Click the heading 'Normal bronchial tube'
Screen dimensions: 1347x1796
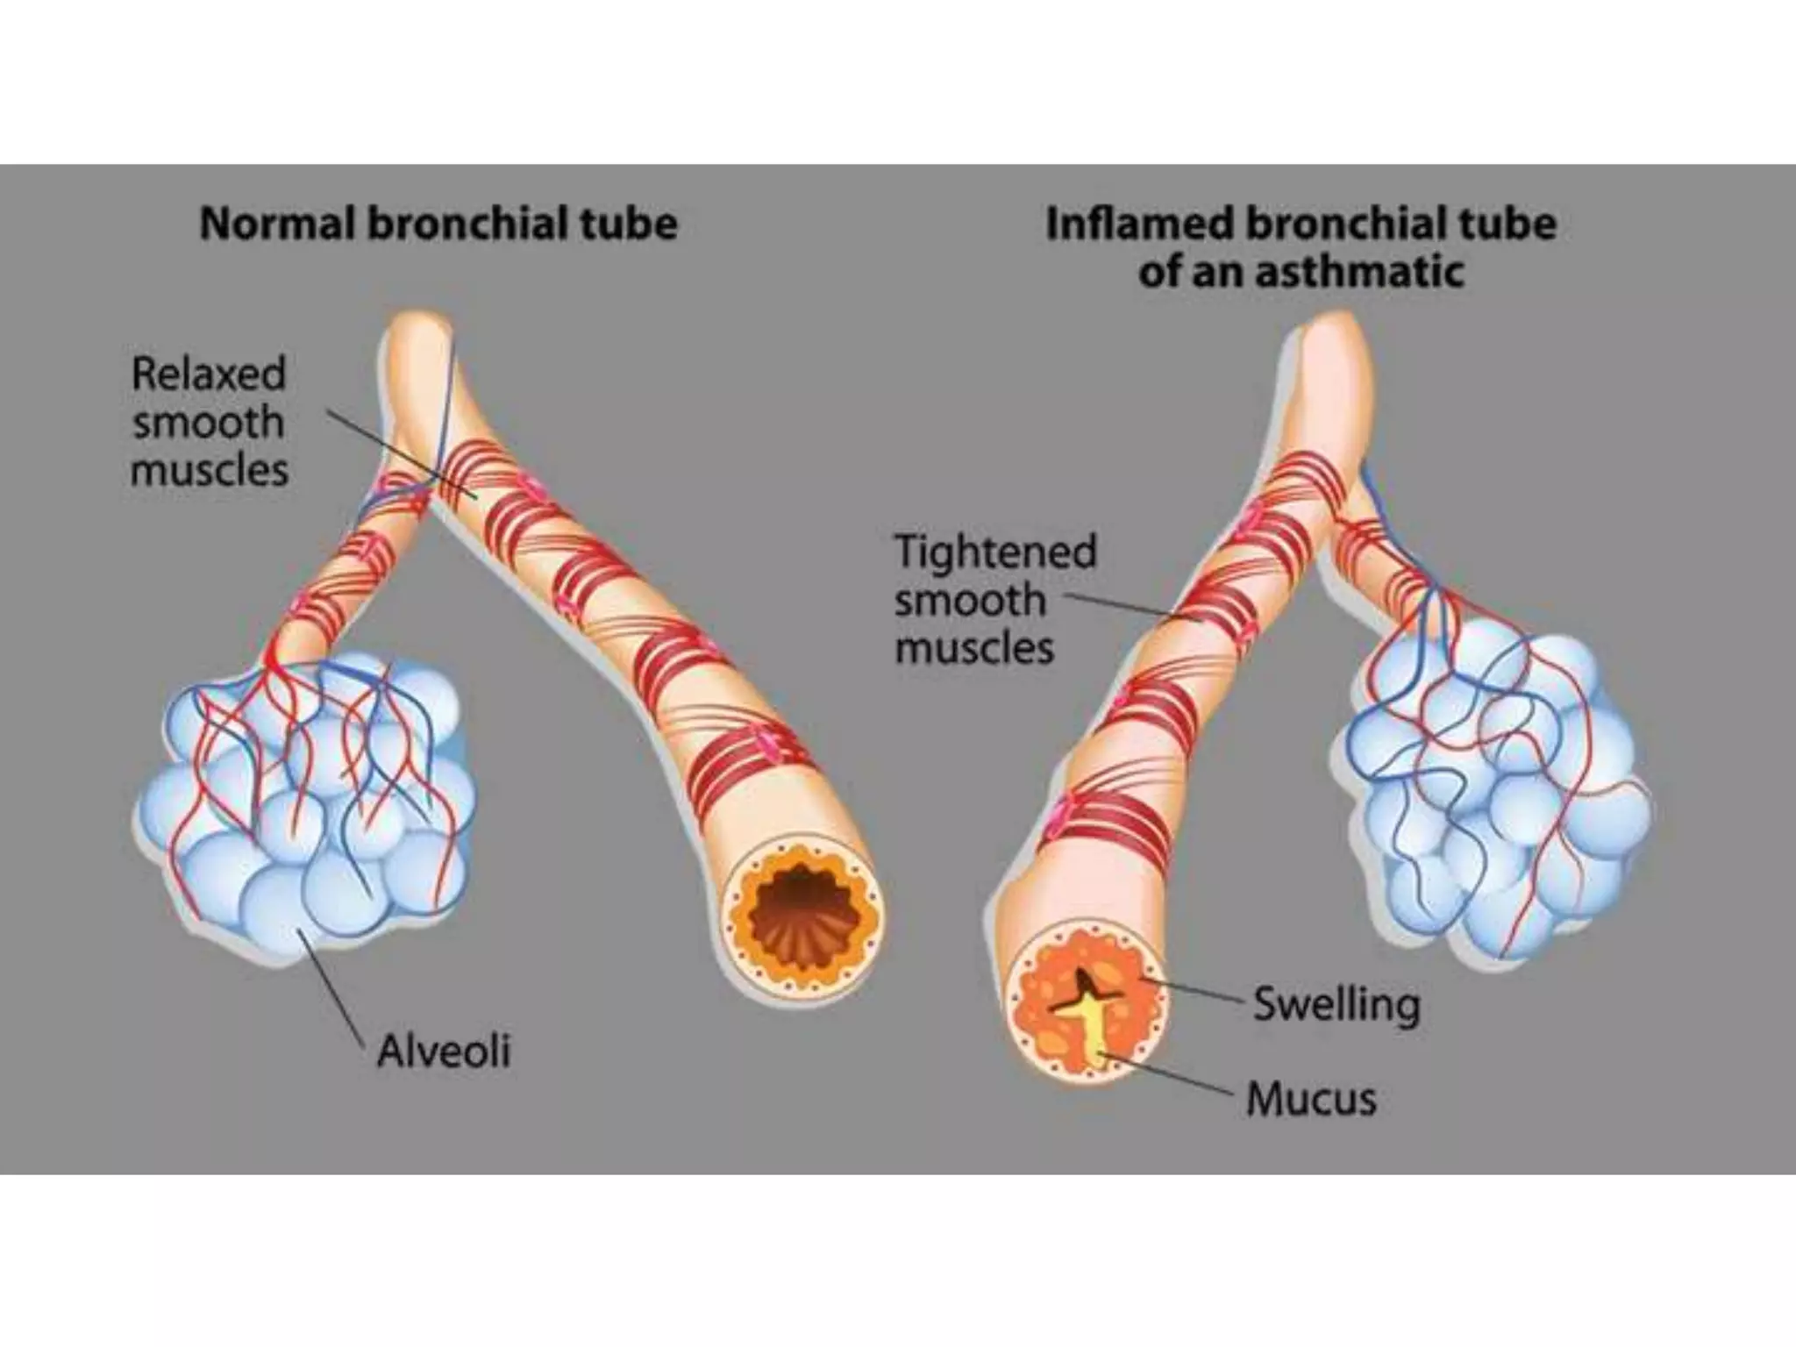(438, 224)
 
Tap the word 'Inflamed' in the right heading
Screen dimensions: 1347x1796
(1139, 224)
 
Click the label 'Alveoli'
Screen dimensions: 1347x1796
(443, 1050)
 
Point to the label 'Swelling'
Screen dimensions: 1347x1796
(1336, 1004)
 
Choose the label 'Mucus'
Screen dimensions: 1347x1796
(1311, 1099)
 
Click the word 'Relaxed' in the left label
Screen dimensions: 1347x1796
(209, 374)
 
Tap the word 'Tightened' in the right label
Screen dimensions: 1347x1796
(995, 552)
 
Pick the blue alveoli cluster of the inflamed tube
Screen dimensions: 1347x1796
(1491, 789)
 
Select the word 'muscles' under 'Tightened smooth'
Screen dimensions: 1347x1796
(973, 650)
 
